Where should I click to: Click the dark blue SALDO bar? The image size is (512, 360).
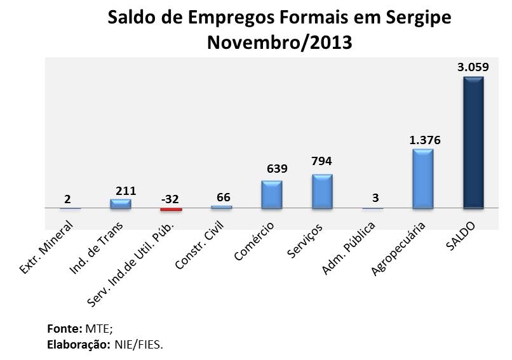(x=473, y=143)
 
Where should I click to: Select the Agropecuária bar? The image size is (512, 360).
(x=422, y=179)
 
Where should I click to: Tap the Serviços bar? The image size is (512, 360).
(x=322, y=192)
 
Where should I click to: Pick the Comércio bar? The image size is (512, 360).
(x=271, y=194)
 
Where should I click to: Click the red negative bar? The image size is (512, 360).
(x=171, y=209)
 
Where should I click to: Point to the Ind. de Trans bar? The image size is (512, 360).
(x=120, y=204)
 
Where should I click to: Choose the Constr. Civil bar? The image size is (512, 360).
(x=221, y=206)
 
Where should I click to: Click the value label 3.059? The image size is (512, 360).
(x=473, y=67)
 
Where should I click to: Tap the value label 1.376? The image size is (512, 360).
(x=423, y=140)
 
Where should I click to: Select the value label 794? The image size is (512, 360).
(x=322, y=162)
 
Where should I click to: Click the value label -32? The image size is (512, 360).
(x=170, y=198)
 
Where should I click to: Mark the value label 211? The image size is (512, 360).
(x=126, y=190)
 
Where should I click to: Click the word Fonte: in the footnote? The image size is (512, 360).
(x=64, y=330)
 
